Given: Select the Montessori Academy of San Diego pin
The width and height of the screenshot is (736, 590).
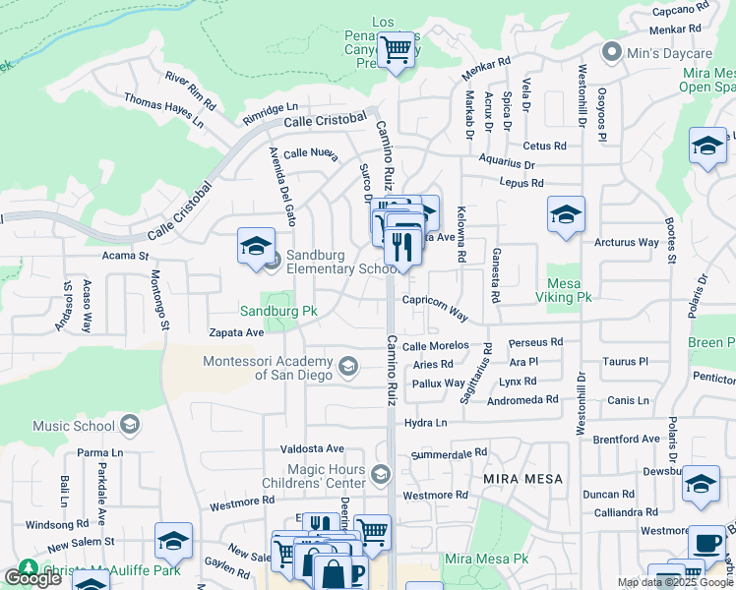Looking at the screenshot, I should click(347, 367).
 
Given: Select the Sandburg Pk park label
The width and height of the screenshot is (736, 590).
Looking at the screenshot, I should click(278, 311).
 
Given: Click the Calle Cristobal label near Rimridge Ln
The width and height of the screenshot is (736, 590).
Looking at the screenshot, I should click(324, 121).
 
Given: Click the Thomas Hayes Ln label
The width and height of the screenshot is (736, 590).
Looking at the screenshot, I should click(163, 109).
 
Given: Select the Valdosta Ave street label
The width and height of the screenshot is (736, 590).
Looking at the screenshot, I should click(312, 448).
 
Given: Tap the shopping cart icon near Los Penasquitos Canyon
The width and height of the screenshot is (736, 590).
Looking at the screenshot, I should click(397, 48).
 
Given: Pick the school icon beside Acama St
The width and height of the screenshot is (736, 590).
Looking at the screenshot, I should click(256, 246).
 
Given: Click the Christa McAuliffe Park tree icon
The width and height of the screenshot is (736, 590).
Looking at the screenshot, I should click(27, 569).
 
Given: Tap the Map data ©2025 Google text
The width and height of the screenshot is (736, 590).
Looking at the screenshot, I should click(675, 582).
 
